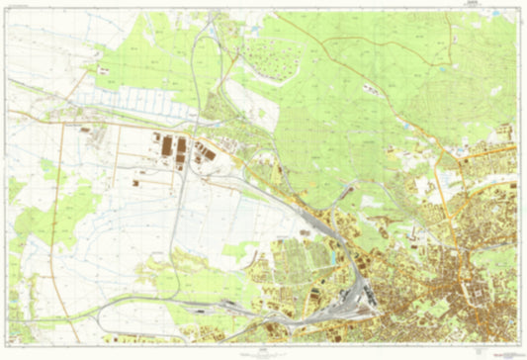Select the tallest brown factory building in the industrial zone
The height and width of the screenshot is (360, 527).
(181, 146)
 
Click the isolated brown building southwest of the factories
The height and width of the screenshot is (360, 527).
(135, 183)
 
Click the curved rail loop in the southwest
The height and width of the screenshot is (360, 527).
(148, 302)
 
